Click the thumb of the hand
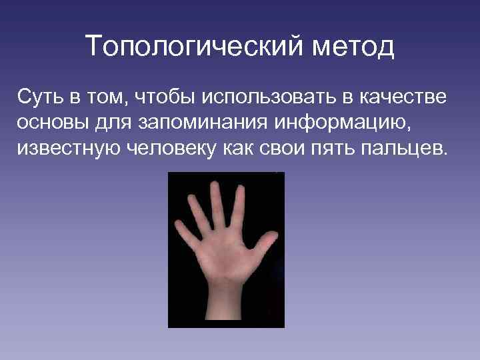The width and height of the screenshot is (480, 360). pyautogui.click(x=264, y=241)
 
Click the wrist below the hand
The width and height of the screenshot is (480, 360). pyautogui.click(x=223, y=300)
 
